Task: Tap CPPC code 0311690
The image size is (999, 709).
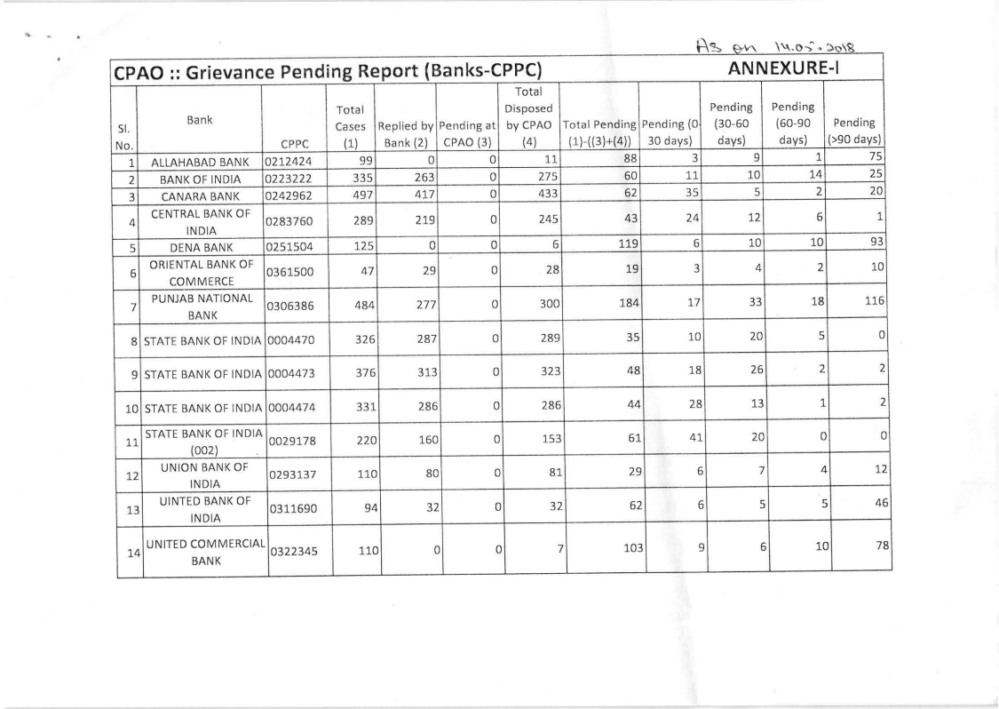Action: tap(293, 513)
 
